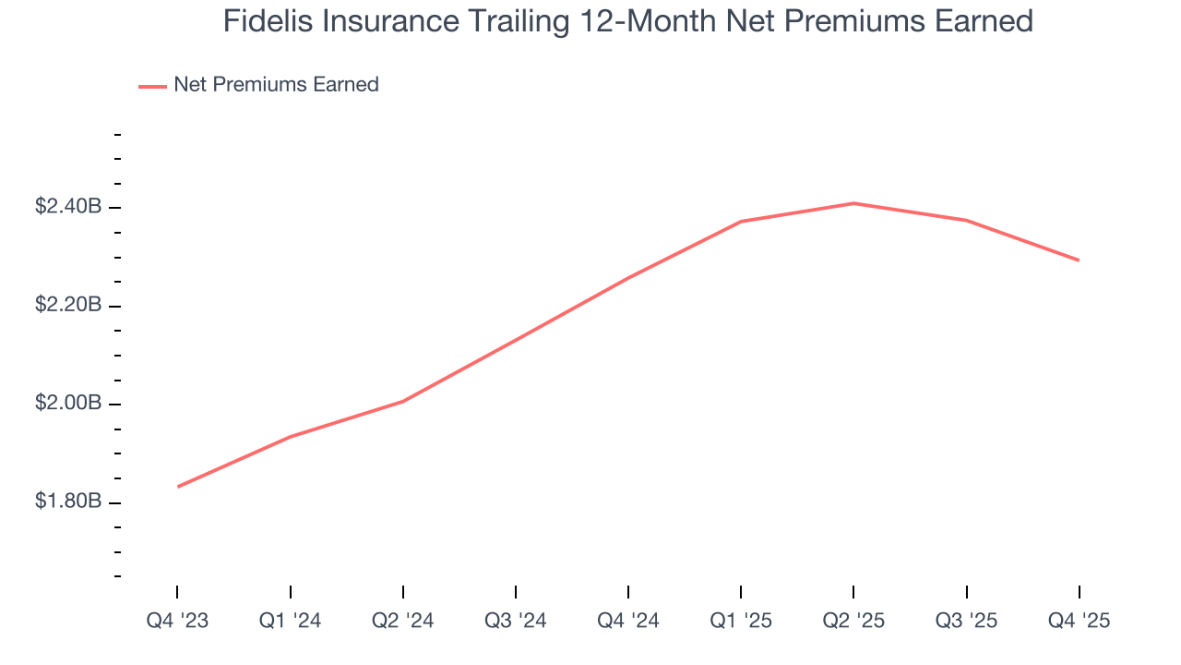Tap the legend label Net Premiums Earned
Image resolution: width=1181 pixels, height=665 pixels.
coord(276,85)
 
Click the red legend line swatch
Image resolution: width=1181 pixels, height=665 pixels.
coord(152,86)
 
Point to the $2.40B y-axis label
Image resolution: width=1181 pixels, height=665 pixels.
coord(68,207)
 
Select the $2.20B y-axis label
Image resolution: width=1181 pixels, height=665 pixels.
coord(68,306)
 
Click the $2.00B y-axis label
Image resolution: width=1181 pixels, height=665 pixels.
coord(68,405)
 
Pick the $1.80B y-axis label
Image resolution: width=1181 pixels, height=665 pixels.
coord(68,502)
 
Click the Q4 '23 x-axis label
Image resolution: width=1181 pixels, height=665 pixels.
coord(177,622)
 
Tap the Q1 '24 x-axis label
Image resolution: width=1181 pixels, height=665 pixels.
coord(291,622)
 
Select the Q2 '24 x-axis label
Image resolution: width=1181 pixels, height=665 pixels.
coord(403,622)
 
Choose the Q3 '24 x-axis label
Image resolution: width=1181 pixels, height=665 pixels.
coord(516,622)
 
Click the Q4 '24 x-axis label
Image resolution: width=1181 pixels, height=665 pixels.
coord(628,622)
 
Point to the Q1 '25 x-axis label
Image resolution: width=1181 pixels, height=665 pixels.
coord(741,622)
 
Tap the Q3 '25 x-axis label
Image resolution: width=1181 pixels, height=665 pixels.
coord(966,622)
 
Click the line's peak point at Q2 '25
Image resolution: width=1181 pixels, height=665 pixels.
coord(853,203)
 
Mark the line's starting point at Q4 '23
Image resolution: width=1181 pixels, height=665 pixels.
coord(177,487)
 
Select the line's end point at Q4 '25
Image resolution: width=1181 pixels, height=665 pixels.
coord(1079,260)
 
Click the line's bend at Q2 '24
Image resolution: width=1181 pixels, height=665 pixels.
coord(403,401)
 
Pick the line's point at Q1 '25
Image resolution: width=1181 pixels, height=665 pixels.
coord(741,222)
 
